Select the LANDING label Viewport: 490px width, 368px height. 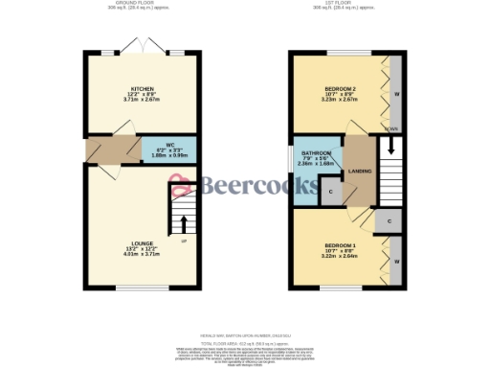(x=361, y=170)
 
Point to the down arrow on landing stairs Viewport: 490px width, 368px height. (x=390, y=149)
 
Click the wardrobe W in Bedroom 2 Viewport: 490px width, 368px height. (x=395, y=94)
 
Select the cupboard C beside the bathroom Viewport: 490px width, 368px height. (x=330, y=193)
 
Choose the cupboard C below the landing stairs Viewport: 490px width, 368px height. (x=390, y=221)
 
